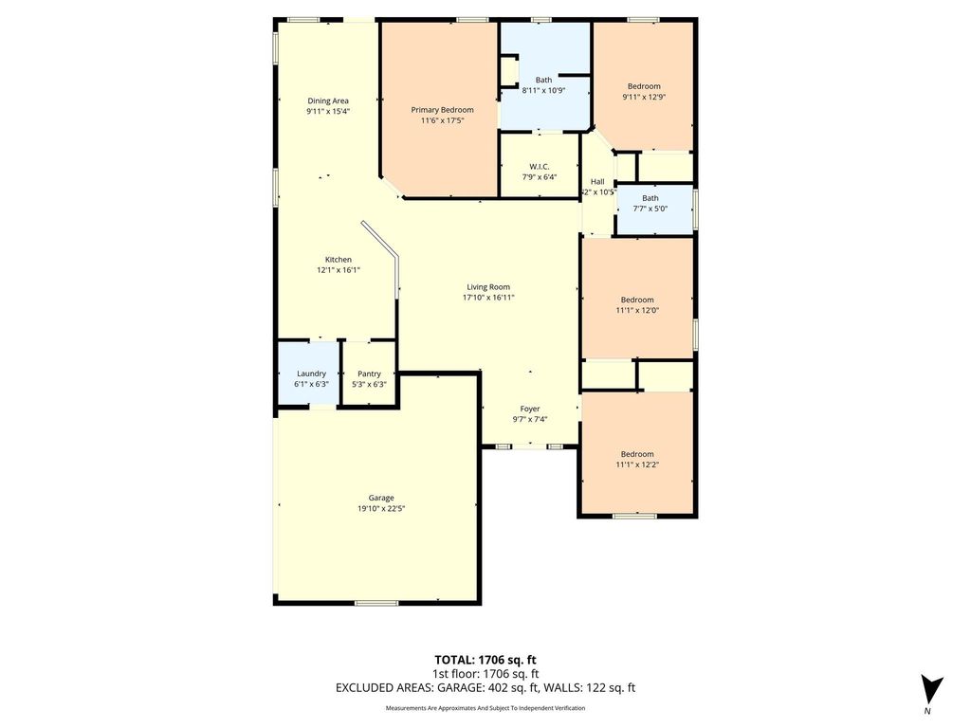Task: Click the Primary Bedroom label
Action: pyautogui.click(x=442, y=110)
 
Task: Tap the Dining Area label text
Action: pyautogui.click(x=327, y=100)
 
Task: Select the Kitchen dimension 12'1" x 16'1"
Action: pyautogui.click(x=339, y=270)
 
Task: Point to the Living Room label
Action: pyautogui.click(x=488, y=286)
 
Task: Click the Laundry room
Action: pyautogui.click(x=308, y=374)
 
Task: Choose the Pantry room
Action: pyautogui.click(x=369, y=374)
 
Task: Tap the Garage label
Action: pyautogui.click(x=381, y=498)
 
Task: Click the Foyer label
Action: pyautogui.click(x=529, y=409)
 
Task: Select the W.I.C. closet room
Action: pyautogui.click(x=540, y=165)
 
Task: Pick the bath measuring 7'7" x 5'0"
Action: pyautogui.click(x=654, y=209)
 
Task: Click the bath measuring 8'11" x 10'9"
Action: pyautogui.click(x=544, y=76)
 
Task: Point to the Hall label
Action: pyautogui.click(x=597, y=181)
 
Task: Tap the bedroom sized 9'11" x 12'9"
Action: pyautogui.click(x=644, y=86)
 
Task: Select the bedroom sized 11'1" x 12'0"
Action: pyautogui.click(x=636, y=299)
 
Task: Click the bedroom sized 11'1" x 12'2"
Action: pyautogui.click(x=636, y=453)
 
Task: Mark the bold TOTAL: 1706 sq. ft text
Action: pyautogui.click(x=481, y=660)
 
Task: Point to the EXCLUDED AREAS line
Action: pyautogui.click(x=485, y=687)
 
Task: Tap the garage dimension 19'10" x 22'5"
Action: pyautogui.click(x=381, y=508)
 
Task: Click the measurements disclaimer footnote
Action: pyautogui.click(x=485, y=707)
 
